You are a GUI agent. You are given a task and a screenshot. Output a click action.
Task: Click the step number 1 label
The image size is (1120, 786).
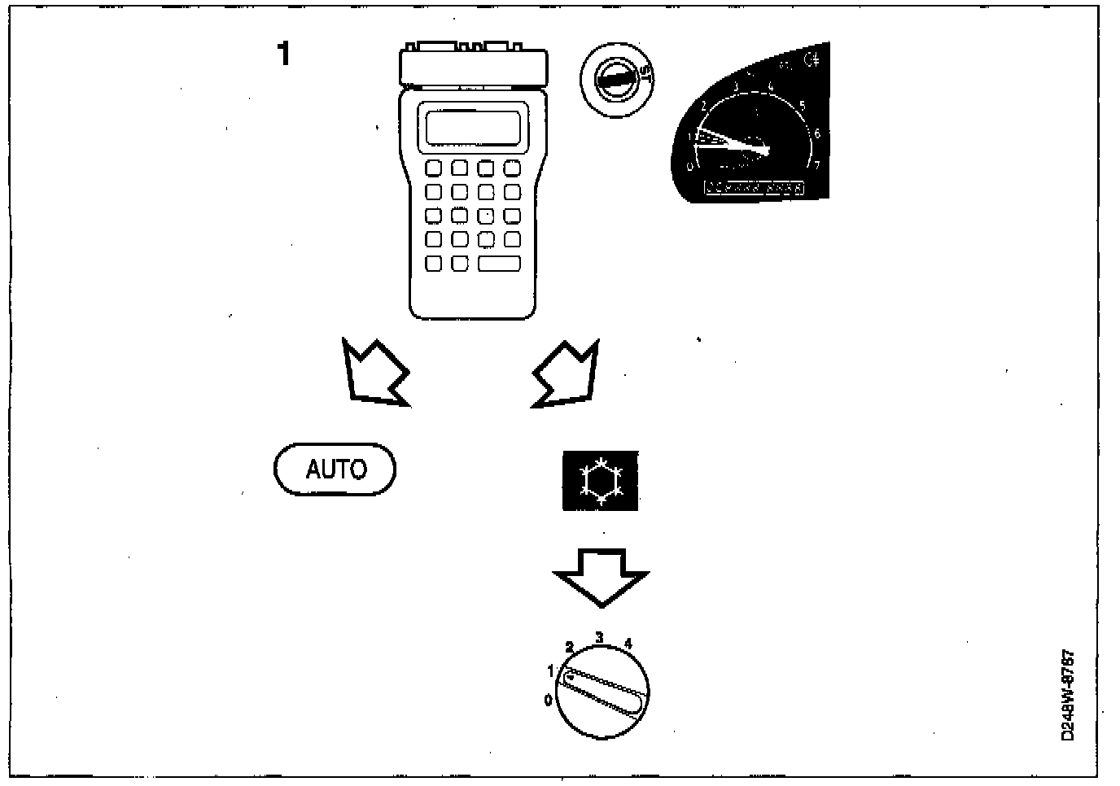click(283, 55)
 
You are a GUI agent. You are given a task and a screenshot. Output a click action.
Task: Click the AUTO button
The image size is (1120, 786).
click(335, 469)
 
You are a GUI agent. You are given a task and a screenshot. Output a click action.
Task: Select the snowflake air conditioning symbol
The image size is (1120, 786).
click(601, 481)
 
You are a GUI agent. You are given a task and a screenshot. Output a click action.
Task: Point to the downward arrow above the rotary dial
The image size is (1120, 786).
click(601, 576)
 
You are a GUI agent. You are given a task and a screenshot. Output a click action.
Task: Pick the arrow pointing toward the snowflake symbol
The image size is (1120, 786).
click(567, 374)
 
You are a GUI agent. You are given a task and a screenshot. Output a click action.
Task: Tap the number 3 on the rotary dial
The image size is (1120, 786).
click(599, 637)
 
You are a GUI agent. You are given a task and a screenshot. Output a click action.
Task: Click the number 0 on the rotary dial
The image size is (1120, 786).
click(548, 699)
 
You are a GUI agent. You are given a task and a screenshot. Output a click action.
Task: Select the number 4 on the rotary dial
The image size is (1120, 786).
click(628, 644)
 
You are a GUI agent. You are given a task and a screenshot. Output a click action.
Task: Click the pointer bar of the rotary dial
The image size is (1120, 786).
click(606, 692)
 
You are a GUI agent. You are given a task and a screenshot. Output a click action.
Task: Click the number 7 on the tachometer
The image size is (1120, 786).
click(817, 165)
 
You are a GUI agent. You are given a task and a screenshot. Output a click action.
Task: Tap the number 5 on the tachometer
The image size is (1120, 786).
click(803, 105)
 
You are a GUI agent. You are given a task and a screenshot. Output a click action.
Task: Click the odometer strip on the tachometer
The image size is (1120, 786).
click(754, 188)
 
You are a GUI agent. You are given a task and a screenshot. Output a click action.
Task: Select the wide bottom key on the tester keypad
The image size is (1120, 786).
click(499, 263)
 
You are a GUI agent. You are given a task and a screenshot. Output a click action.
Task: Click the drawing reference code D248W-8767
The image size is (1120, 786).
click(1068, 694)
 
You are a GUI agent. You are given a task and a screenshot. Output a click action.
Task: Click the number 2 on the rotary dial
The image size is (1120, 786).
click(569, 648)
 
